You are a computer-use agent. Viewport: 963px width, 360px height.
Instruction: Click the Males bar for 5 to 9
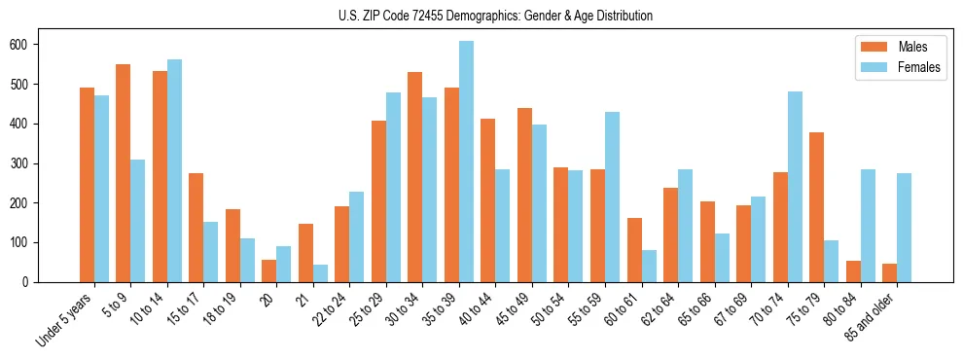point(124,173)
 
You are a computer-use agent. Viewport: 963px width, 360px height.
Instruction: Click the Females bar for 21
point(320,273)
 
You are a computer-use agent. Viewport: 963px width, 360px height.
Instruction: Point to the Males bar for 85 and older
point(889,272)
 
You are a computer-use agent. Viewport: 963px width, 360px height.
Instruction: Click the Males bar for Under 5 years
point(87,185)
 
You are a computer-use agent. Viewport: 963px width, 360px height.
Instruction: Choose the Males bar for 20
point(269,270)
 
